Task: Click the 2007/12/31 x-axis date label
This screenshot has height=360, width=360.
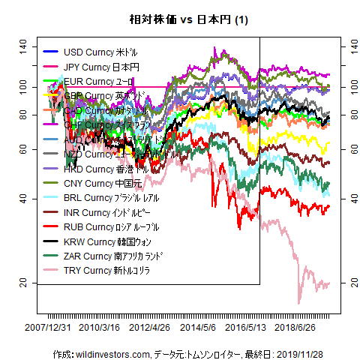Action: point(48,328)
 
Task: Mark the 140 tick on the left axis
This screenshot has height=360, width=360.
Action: point(23,46)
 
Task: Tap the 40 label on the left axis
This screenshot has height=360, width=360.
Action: point(23,198)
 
